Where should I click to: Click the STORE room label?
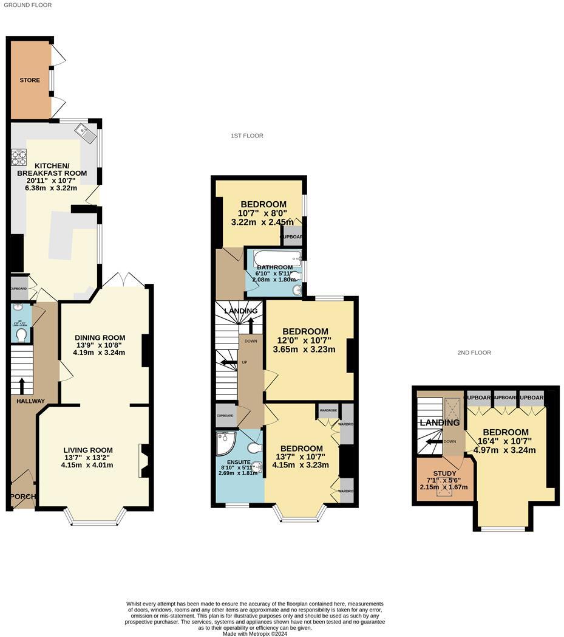pos(29,80)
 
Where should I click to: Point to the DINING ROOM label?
pos(100,338)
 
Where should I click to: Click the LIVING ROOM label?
pos(89,450)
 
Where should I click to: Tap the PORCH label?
pos(22,497)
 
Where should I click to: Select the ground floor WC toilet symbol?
pos(22,335)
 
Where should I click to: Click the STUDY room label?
pos(444,473)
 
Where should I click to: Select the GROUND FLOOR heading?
pos(28,5)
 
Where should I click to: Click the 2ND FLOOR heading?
pos(474,353)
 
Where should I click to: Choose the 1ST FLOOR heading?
pos(246,136)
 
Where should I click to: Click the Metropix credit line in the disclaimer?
pos(254,633)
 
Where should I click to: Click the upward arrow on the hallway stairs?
pos(22,385)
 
